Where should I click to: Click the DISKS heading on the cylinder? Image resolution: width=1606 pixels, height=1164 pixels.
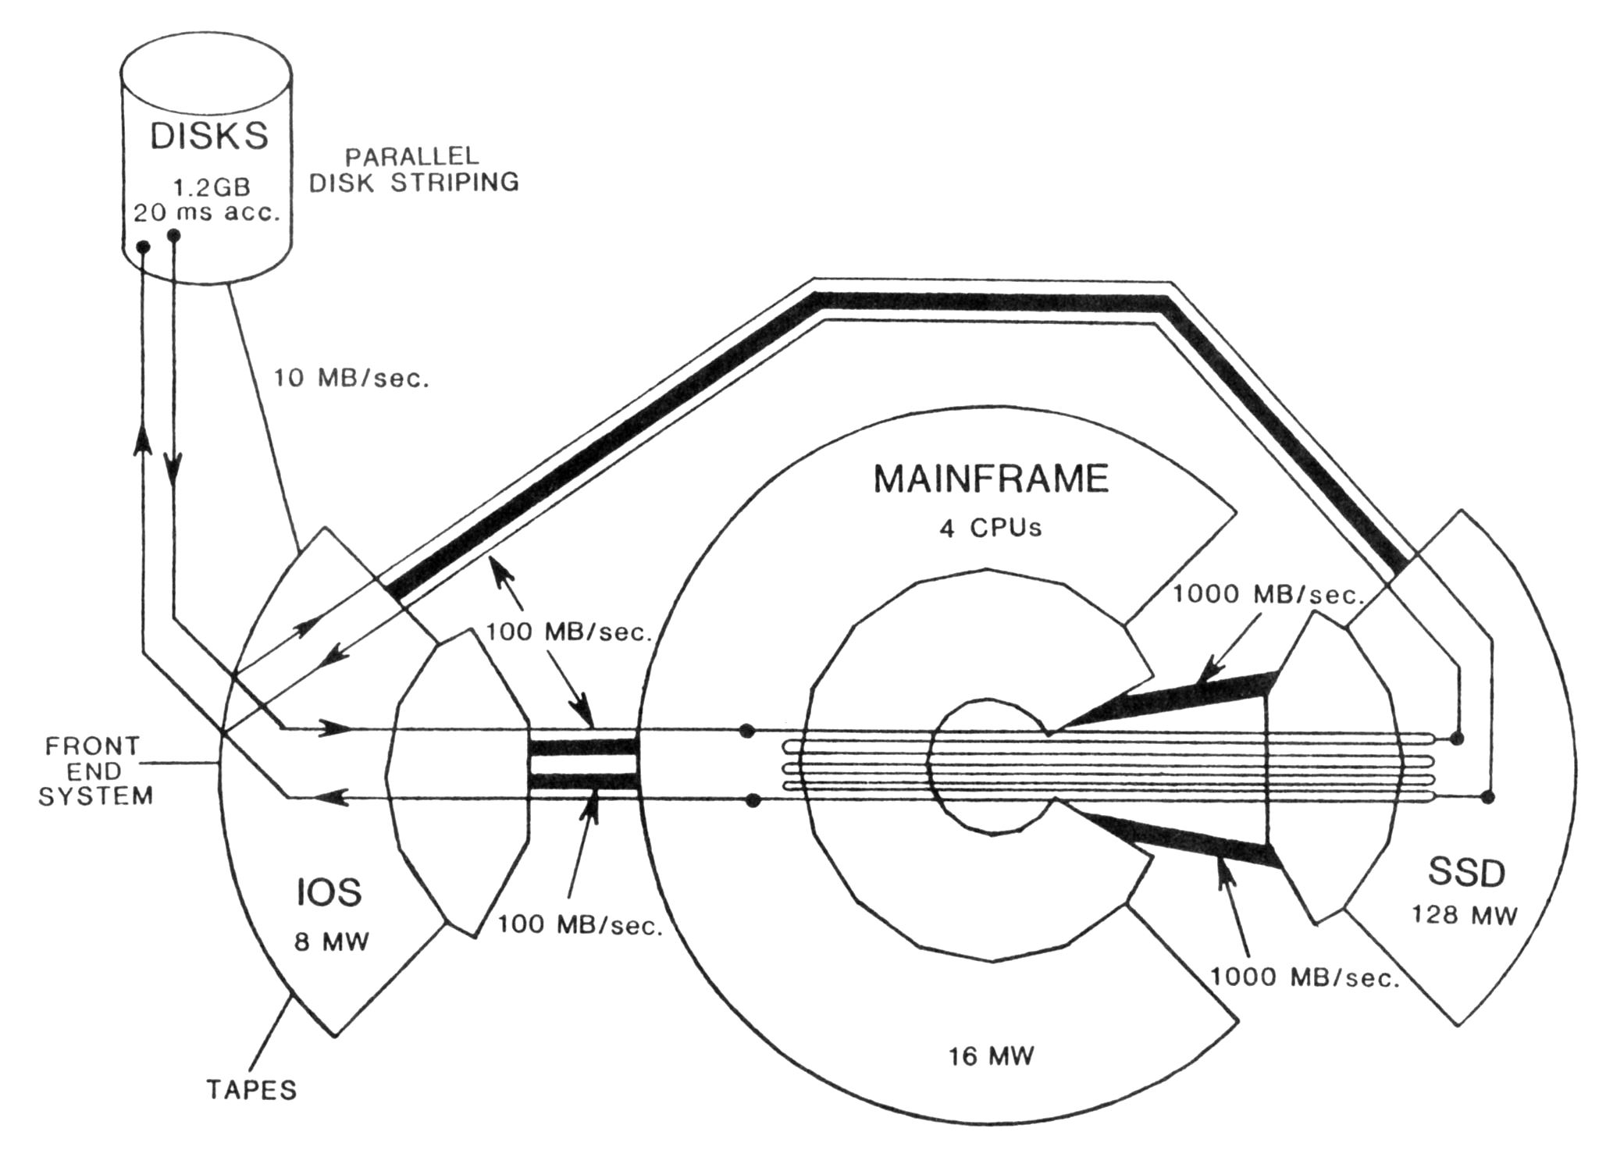pyautogui.click(x=208, y=136)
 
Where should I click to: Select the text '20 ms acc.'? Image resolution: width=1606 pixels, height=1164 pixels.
pyautogui.click(x=207, y=212)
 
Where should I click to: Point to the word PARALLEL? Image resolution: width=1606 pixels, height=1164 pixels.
pyautogui.click(x=412, y=156)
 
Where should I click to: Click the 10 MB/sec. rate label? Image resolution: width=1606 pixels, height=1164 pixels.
pyautogui.click(x=351, y=379)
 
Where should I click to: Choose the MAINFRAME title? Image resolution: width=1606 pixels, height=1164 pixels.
pyautogui.click(x=991, y=479)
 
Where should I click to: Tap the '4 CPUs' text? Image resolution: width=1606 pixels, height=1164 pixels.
pyautogui.click(x=991, y=529)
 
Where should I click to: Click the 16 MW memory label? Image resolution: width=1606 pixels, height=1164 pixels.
pyautogui.click(x=991, y=1056)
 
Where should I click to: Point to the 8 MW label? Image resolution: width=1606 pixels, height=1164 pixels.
pyautogui.click(x=331, y=942)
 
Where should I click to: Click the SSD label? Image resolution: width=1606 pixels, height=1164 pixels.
pyautogui.click(x=1465, y=872)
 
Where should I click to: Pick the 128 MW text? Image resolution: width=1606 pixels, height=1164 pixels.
pyautogui.click(x=1464, y=914)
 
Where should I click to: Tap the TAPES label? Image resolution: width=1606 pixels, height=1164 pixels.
pyautogui.click(x=252, y=1090)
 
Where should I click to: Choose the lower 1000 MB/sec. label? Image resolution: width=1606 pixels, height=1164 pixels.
pyautogui.click(x=1305, y=977)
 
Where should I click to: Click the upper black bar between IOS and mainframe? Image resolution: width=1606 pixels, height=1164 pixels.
pyautogui.click(x=585, y=747)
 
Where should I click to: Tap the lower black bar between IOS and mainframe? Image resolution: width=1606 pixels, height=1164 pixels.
pyautogui.click(x=585, y=781)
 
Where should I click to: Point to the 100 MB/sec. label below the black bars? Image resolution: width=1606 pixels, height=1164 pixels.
pyautogui.click(x=580, y=926)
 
